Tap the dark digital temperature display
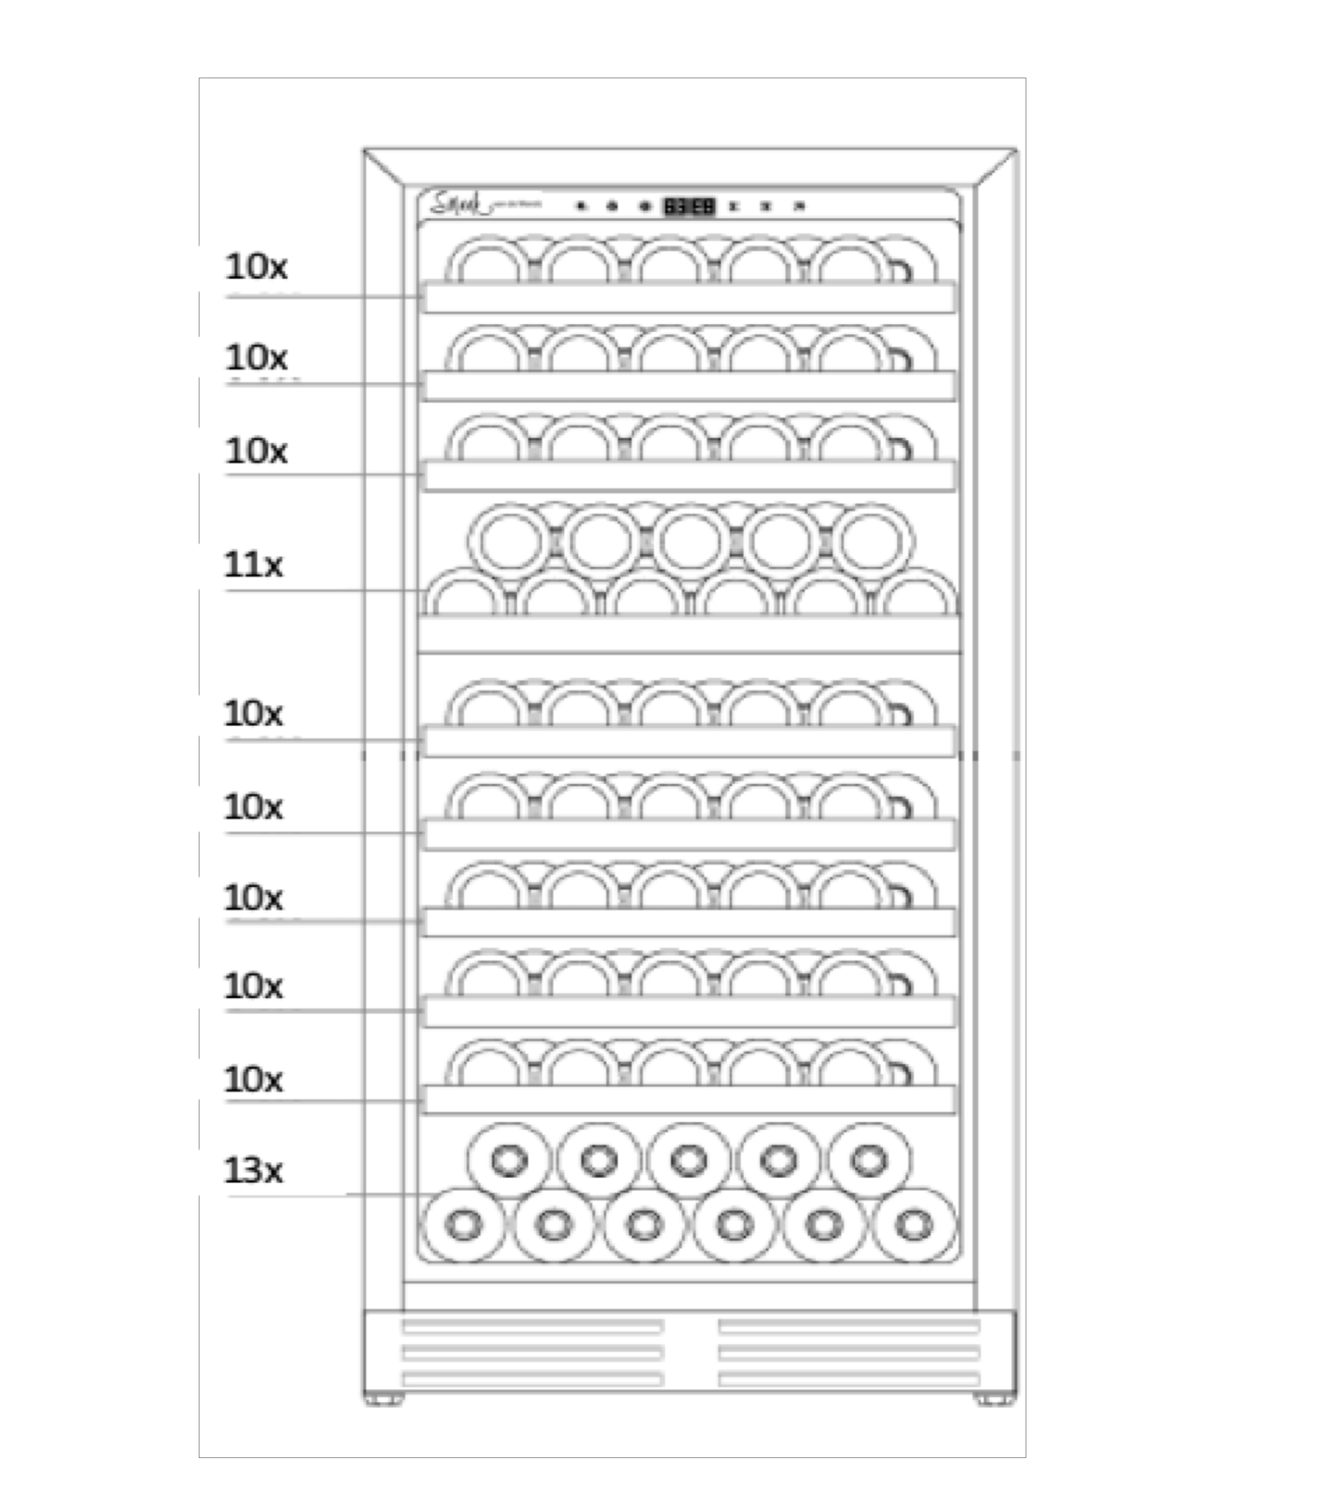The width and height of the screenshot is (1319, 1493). click(689, 207)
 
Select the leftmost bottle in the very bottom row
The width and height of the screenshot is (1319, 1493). click(464, 1225)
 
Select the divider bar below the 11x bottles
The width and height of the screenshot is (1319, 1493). click(689, 634)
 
